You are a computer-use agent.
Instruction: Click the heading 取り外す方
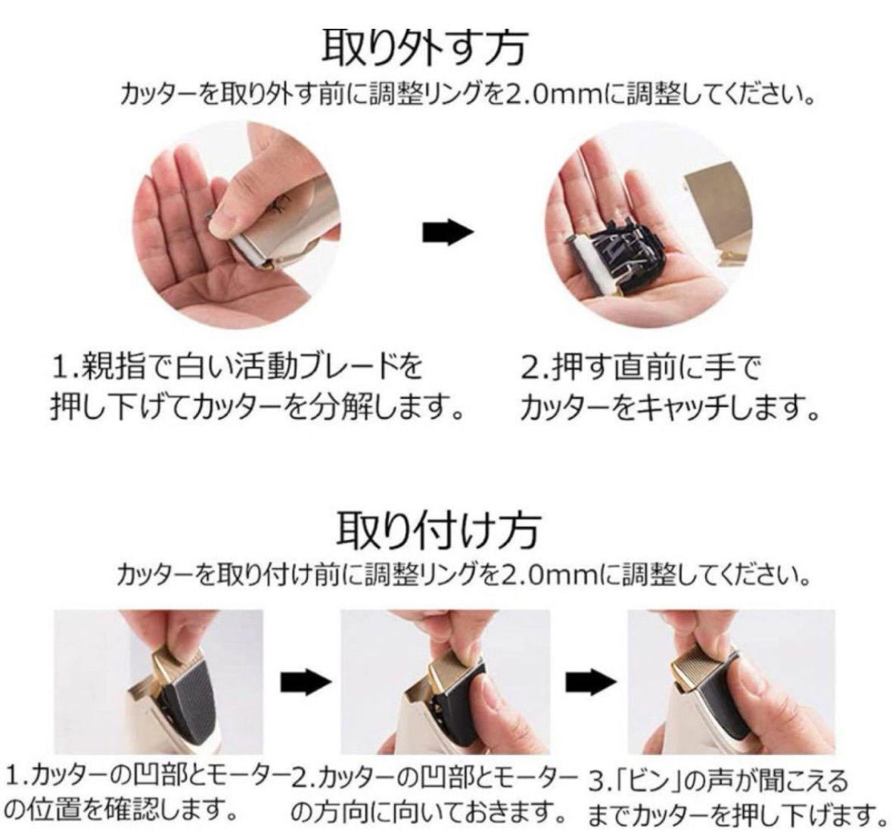pyautogui.click(x=424, y=49)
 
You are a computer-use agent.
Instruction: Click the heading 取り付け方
pyautogui.click(x=437, y=529)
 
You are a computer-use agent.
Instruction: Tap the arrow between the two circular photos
pyautogui.click(x=448, y=232)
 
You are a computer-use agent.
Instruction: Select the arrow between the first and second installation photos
pyautogui.click(x=306, y=682)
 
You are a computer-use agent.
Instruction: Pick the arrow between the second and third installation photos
pyautogui.click(x=591, y=682)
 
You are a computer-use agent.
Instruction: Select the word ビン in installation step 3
pyautogui.click(x=643, y=781)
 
